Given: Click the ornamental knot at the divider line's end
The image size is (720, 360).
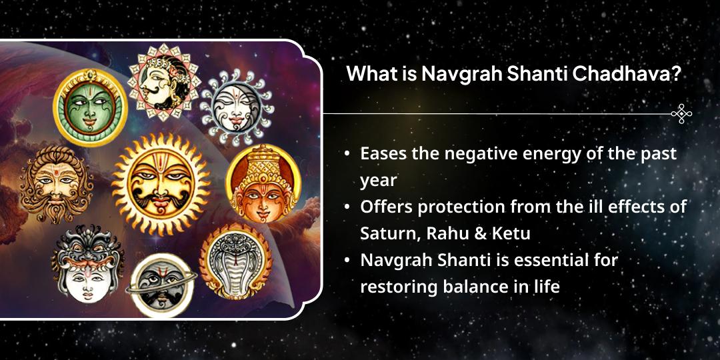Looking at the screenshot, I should (x=681, y=114).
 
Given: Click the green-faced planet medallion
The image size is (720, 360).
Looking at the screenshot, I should (x=90, y=107).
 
